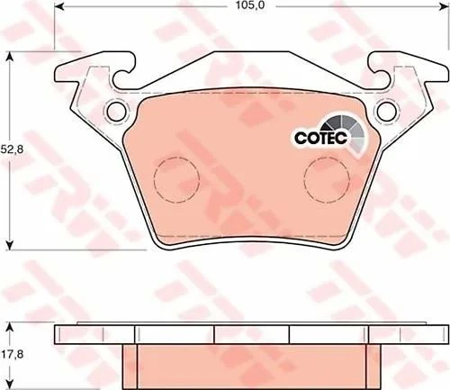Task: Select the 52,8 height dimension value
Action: pos(12,150)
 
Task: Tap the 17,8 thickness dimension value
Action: pos(12,355)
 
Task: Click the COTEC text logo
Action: pos(320,138)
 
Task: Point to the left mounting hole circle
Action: pos(117,111)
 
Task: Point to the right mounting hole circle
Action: pos(387,111)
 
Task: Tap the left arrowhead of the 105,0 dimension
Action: pos(59,6)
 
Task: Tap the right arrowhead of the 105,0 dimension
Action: pos(445,6)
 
